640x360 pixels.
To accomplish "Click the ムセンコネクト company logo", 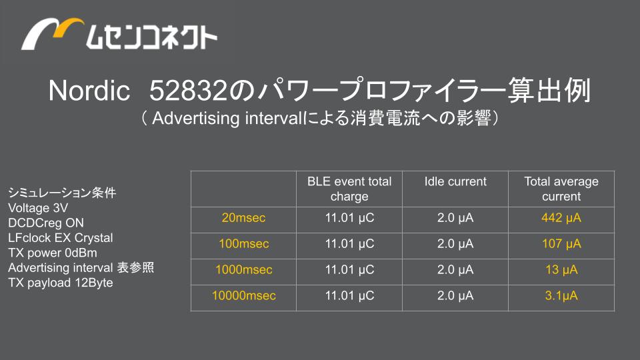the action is pos(119,34).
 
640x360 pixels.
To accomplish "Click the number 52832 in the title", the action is pos(188,90).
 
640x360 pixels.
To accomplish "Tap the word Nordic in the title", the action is pos(89,90).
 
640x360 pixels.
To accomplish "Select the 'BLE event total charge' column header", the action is pos(349,189).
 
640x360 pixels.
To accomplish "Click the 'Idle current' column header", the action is pos(455,181).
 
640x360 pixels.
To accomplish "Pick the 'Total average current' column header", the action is pos(561,189).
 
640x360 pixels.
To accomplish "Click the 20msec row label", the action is pos(244,217).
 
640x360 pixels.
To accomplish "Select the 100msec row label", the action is pos(244,244).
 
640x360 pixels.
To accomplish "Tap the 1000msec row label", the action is pos(244,269).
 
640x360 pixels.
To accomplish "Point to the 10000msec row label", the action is pos(244,295).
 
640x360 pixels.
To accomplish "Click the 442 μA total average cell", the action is pos(561,217).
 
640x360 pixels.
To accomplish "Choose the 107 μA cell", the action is pos(561,244).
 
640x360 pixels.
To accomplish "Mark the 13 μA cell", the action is pos(561,269).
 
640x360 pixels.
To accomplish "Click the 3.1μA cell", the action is pos(561,295).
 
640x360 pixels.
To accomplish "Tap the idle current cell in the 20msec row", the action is pos(455,217).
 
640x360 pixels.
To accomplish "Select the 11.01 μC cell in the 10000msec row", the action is pos(349,295).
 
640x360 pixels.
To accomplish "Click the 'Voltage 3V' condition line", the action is pos(38,208).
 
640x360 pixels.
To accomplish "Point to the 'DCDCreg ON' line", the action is pos(46,223).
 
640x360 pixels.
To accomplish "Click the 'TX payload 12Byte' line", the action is pos(61,283).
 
